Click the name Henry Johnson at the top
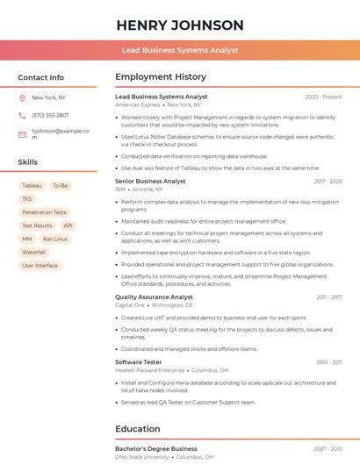[x=180, y=25]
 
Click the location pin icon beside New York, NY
[x=22, y=98]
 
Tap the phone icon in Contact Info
[x=22, y=116]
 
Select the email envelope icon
[x=22, y=134]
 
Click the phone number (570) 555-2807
[x=50, y=116]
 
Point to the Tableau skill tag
[x=32, y=186]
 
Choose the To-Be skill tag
[x=61, y=186]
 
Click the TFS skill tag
[x=27, y=199]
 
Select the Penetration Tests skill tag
[x=44, y=212]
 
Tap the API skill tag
[x=68, y=225]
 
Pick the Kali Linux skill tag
[x=54, y=239]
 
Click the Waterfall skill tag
[x=33, y=252]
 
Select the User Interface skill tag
[x=40, y=265]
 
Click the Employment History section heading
[x=161, y=77]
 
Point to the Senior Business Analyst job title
[x=150, y=182]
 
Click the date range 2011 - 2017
[x=329, y=297]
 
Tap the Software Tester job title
[x=139, y=362]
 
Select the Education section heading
[x=138, y=429]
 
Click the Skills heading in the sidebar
[x=28, y=162]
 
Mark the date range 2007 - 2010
[x=328, y=449]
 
